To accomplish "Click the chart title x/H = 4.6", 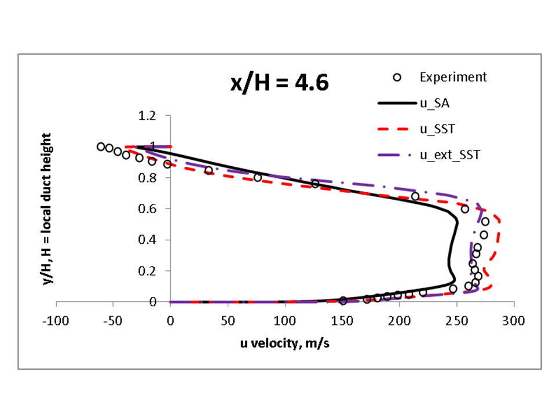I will point(280,83).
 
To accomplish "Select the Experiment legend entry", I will point(453,77).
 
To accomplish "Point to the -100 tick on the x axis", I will point(56,320).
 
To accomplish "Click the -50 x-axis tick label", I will point(114,320).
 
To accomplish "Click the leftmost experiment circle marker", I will point(101,147).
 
